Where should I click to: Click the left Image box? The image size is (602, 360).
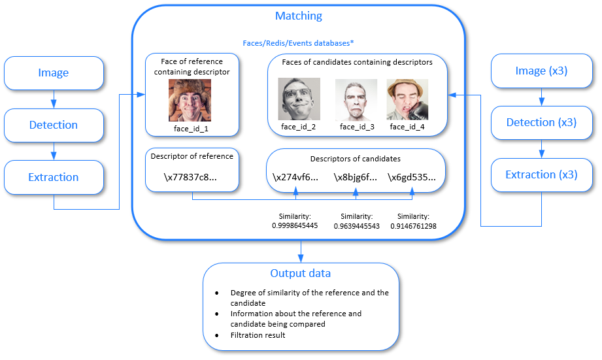54,73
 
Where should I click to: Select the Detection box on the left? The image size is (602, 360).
54,125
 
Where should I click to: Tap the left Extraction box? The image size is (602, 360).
54,178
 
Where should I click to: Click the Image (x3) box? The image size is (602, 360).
541,71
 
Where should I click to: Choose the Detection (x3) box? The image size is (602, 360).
541,123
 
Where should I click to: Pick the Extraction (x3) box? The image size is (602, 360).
541,175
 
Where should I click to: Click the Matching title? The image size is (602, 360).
298,16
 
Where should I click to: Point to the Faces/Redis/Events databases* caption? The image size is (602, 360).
298,43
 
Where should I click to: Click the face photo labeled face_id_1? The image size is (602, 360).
190,100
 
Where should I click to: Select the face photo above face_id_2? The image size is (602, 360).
299,99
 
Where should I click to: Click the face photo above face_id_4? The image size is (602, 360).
407,100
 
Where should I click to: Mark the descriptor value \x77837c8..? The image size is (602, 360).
192,177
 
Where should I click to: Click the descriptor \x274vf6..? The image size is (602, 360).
296,177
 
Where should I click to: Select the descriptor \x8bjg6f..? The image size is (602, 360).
356,177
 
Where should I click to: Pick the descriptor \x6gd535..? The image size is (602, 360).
412,177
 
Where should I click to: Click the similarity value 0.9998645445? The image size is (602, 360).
295,225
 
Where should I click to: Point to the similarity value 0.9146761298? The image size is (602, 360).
414,225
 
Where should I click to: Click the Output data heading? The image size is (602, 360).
301,273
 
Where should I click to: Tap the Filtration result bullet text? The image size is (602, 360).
259,335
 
